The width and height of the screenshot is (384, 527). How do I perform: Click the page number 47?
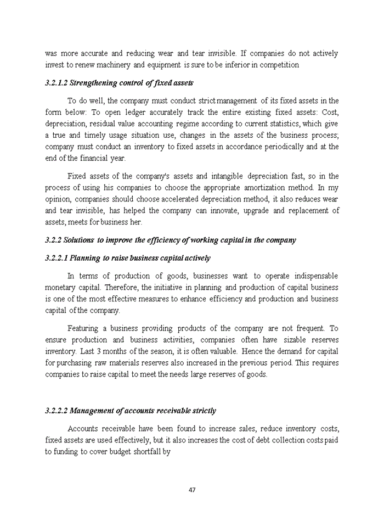click(x=192, y=490)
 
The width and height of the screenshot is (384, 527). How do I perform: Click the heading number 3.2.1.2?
click(x=58, y=83)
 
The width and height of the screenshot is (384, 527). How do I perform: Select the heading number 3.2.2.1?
click(x=58, y=258)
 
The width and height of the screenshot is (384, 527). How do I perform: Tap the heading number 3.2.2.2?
click(x=58, y=411)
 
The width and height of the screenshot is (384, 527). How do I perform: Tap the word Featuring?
click(x=83, y=329)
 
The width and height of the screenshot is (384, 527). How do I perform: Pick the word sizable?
click(x=281, y=340)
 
